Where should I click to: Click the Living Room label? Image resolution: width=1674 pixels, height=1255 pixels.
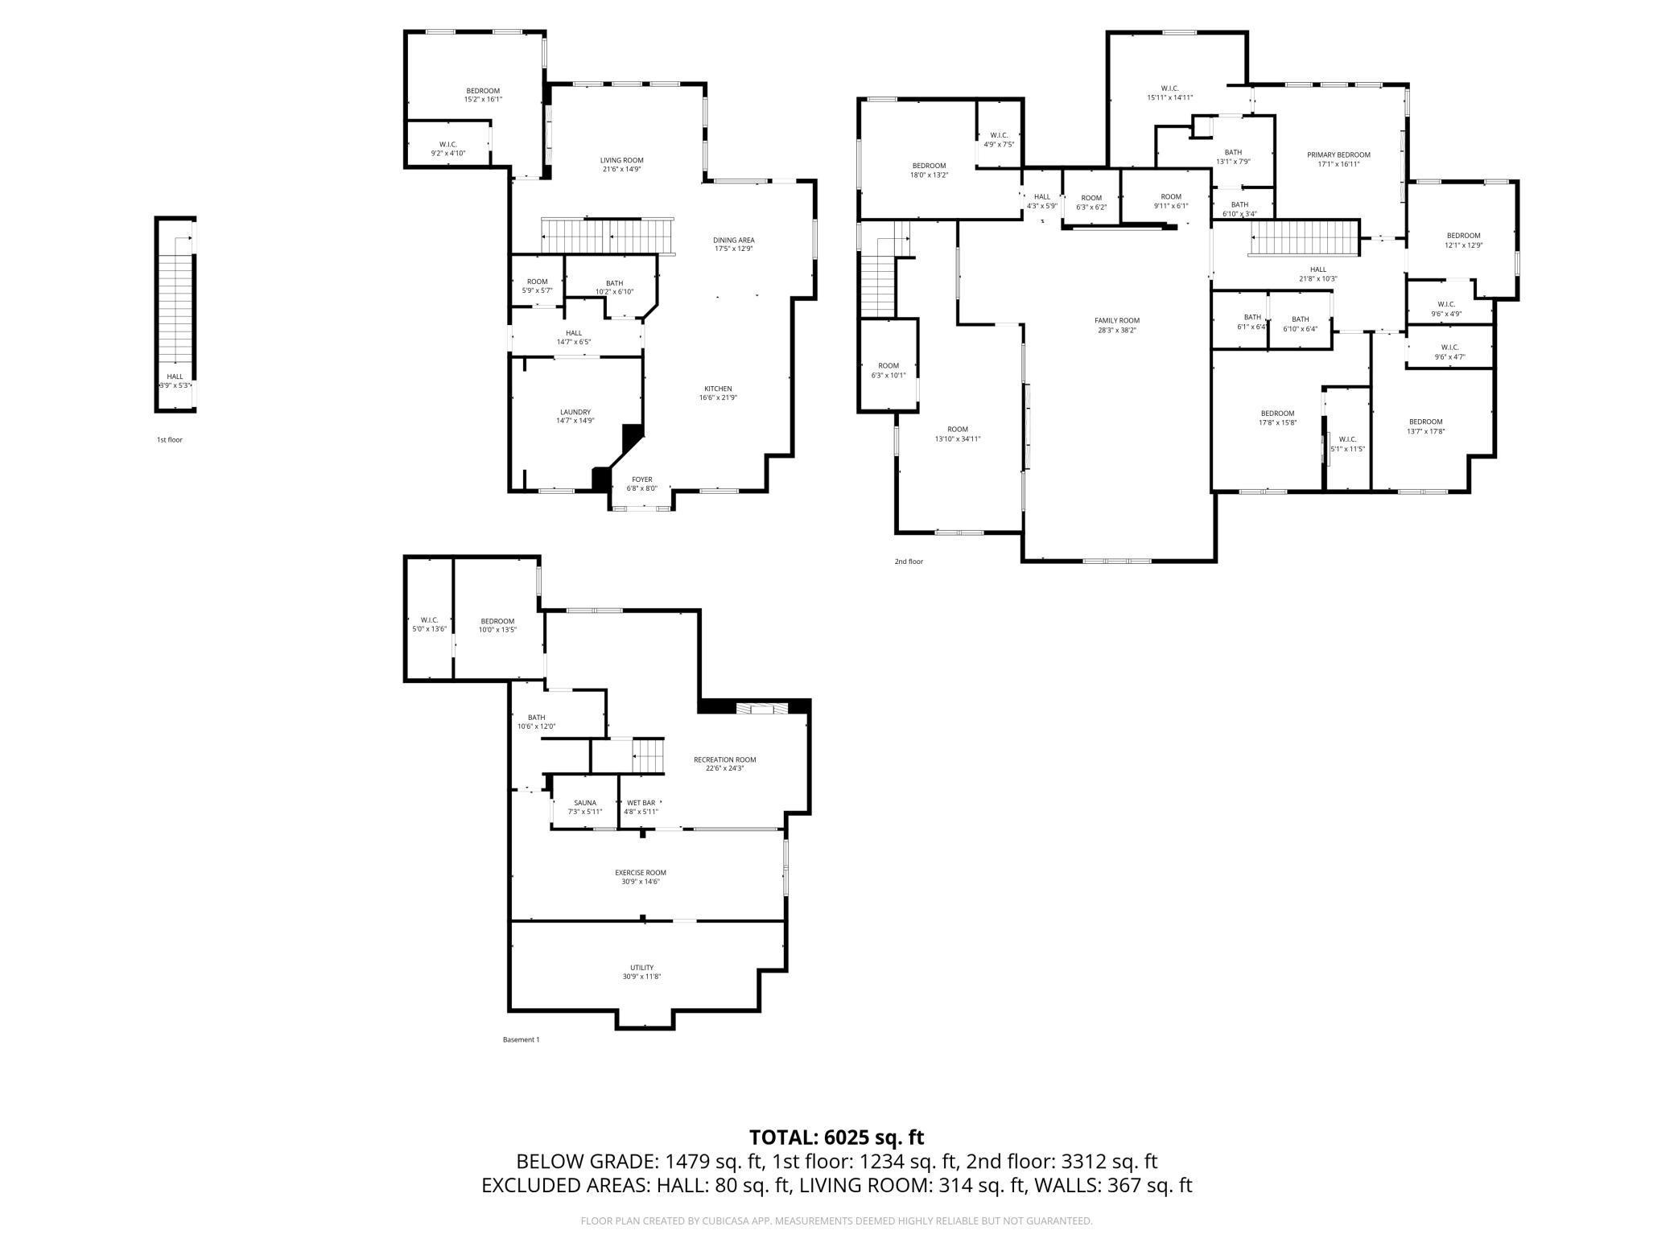click(621, 160)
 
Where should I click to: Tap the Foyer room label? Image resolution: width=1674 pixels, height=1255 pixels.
click(641, 479)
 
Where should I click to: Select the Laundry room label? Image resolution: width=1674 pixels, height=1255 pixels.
click(575, 412)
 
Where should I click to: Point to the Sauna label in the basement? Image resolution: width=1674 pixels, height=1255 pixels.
click(585, 803)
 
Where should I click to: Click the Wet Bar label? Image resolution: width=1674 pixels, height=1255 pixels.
click(641, 803)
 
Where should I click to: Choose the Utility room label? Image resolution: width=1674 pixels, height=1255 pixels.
click(641, 968)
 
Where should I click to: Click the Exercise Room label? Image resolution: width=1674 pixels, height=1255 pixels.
click(640, 873)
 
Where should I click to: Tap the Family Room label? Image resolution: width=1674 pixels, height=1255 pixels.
click(1116, 320)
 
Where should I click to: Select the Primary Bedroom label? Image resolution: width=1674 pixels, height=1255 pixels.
click(1338, 155)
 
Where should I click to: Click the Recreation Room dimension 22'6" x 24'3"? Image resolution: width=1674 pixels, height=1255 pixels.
click(724, 768)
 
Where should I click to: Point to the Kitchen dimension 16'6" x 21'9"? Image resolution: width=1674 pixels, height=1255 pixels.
click(718, 397)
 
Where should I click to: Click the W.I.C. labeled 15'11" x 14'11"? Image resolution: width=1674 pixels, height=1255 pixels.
click(1169, 97)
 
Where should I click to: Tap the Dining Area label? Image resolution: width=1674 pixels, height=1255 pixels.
click(733, 240)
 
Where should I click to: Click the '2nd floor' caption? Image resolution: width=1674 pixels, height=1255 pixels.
click(909, 562)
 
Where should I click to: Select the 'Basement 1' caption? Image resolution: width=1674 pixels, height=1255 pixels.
click(521, 1039)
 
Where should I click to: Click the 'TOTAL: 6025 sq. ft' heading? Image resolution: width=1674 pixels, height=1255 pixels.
click(836, 1138)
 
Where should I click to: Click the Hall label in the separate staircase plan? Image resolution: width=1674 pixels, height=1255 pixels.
click(175, 376)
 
